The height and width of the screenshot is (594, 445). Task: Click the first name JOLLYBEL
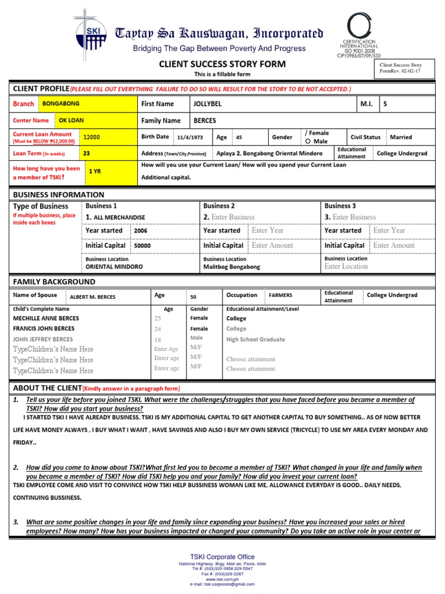[x=207, y=104]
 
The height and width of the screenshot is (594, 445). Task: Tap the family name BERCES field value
[x=205, y=121]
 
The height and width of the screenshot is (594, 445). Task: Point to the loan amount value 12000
[x=92, y=137]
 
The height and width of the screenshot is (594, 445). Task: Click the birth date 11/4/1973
[x=191, y=137]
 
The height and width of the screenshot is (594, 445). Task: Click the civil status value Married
[x=401, y=137]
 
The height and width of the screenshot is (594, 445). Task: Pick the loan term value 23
[x=86, y=154]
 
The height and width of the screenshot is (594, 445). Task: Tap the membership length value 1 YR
[x=94, y=172]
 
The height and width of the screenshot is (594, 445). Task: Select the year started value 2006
[x=141, y=231]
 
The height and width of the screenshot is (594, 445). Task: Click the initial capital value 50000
[x=142, y=246]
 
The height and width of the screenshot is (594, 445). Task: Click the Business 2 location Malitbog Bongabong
[x=232, y=267]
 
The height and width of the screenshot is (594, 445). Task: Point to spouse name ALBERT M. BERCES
[x=92, y=297]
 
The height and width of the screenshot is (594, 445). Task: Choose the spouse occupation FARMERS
[x=280, y=295]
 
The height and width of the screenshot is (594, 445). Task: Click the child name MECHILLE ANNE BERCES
[x=46, y=318]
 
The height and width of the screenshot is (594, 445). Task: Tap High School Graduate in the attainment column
[x=256, y=339]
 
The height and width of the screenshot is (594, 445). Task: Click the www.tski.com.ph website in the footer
[x=222, y=578]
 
